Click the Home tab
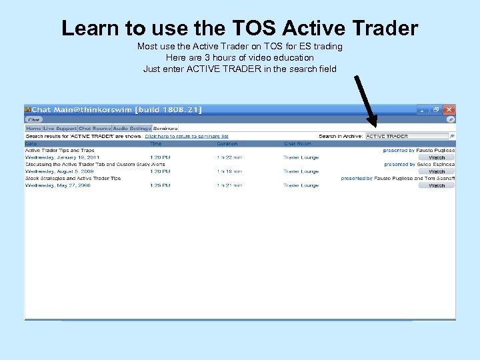[x=33, y=128]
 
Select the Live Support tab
[x=60, y=128]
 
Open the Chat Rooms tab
[x=95, y=128]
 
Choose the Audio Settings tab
[x=131, y=128]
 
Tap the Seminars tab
[x=165, y=128]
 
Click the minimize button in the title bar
[x=422, y=109]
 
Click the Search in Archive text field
[x=407, y=136]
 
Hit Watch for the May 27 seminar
[x=437, y=185]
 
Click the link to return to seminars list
[x=187, y=136]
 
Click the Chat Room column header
[x=297, y=143]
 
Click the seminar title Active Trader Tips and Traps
[x=59, y=151]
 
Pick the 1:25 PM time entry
[x=160, y=185]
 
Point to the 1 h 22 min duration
[x=229, y=157]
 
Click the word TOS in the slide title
[x=252, y=28]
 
